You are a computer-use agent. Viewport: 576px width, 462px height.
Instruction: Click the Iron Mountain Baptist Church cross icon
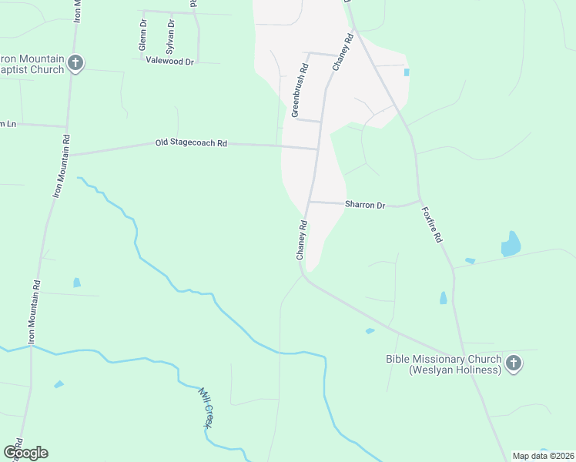pos(75,62)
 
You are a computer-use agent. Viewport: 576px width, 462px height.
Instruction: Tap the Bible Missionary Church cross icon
pos(513,363)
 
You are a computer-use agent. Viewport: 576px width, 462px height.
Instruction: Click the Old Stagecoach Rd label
pos(192,143)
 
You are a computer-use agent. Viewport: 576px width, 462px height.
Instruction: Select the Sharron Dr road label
pos(364,206)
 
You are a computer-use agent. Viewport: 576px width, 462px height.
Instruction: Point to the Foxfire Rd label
pos(432,227)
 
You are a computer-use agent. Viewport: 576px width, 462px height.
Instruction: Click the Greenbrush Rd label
pos(300,91)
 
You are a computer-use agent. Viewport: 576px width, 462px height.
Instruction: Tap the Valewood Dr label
pos(169,61)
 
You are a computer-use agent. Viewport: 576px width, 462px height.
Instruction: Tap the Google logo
pos(25,453)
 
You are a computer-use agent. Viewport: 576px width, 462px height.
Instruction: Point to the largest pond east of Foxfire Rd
pos(511,244)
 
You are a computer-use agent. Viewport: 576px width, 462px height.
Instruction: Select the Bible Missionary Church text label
pos(444,364)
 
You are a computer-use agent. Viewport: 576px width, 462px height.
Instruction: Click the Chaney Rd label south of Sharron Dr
pos(302,240)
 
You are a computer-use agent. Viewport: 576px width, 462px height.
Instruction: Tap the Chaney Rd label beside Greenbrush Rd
pos(340,55)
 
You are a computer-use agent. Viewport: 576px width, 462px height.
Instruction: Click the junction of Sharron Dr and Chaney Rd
pos(310,202)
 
